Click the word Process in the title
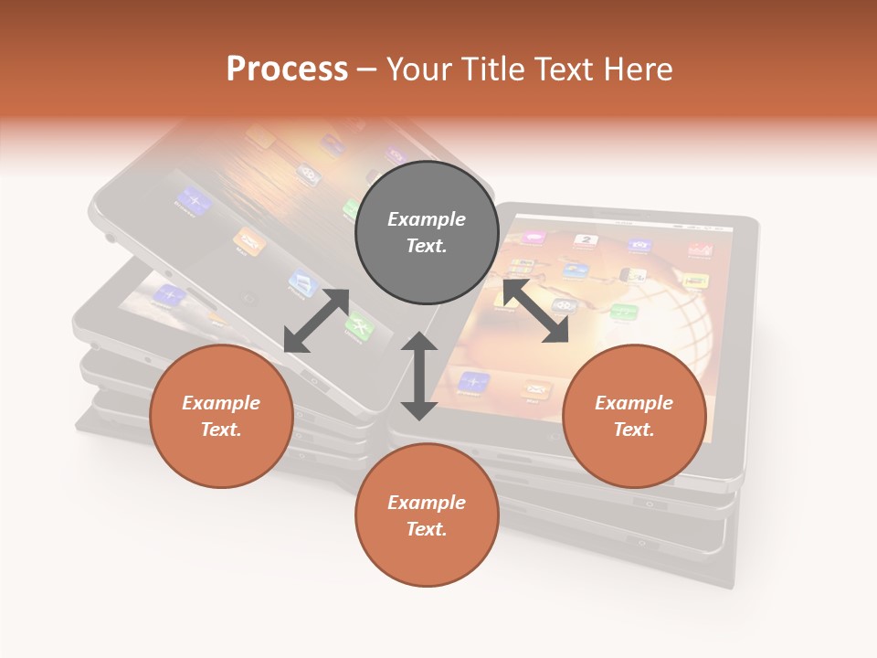(287, 69)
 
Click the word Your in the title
(417, 69)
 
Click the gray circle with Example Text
(427, 232)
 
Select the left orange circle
(221, 416)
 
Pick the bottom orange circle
(427, 515)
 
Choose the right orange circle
(634, 416)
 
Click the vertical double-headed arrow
(419, 376)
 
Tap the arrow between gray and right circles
(535, 311)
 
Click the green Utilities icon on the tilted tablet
(358, 324)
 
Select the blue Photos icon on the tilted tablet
(303, 281)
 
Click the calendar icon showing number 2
(586, 241)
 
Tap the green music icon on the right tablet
(623, 313)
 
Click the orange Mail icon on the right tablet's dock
(536, 389)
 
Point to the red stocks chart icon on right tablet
(700, 249)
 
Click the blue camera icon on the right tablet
(639, 244)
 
